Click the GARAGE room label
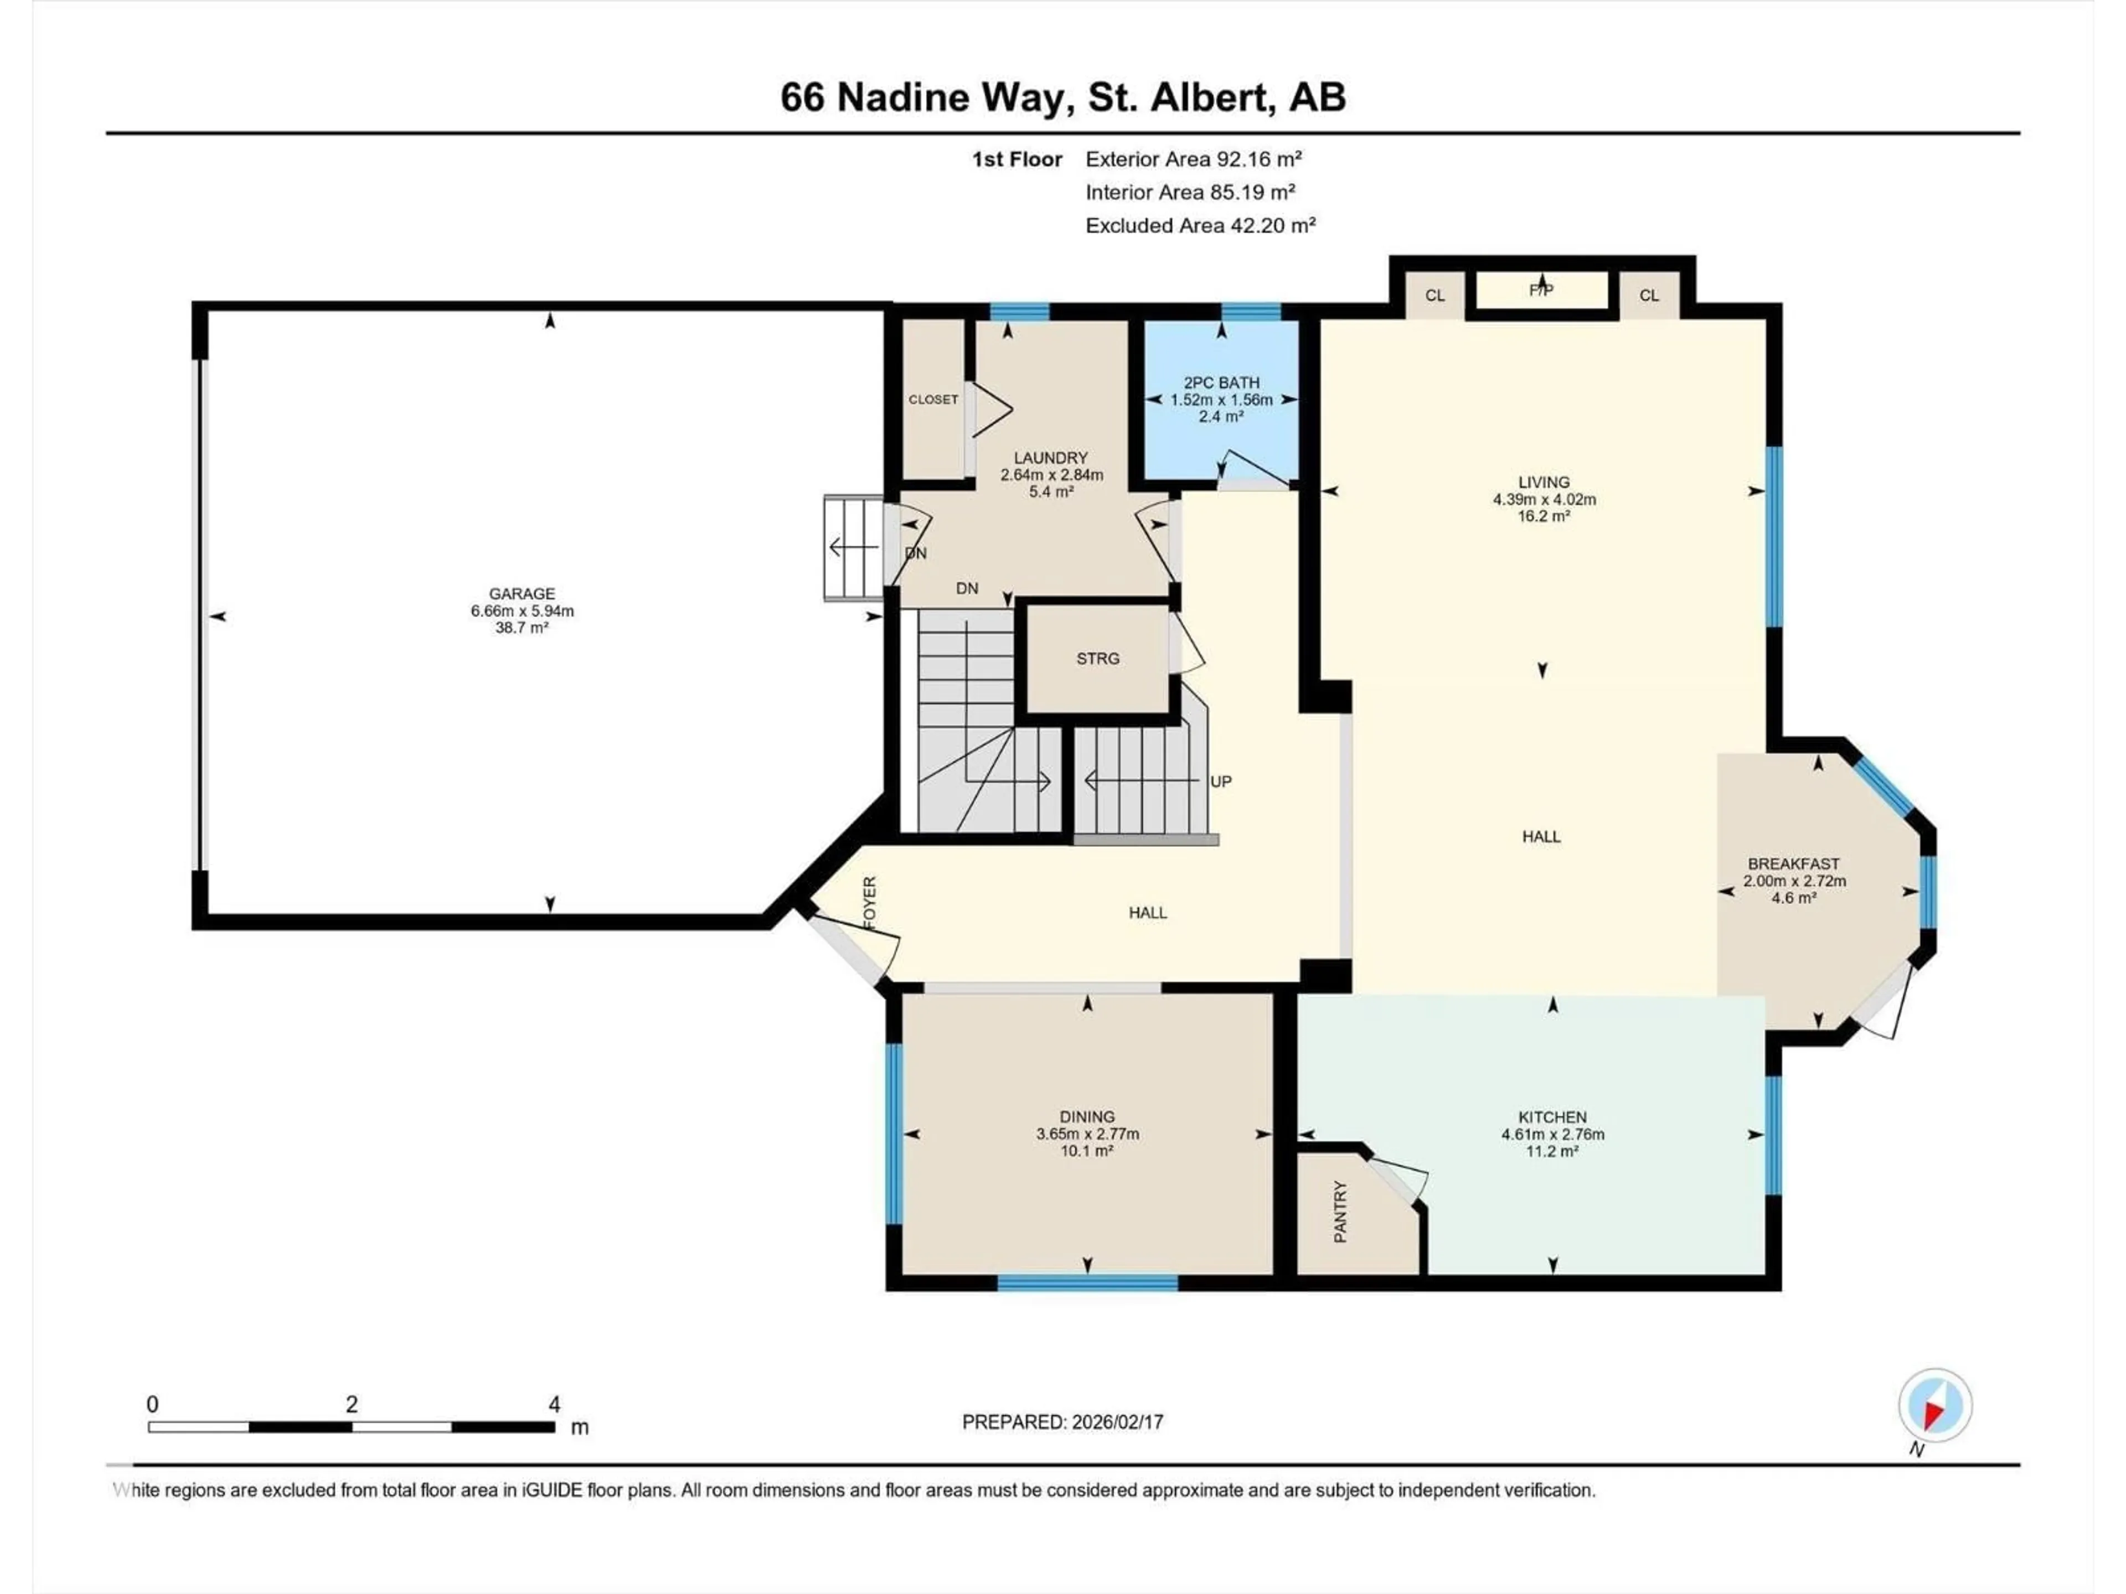tap(522, 594)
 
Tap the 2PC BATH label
tap(1221, 382)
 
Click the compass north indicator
tap(1935, 1406)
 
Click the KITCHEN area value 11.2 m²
tap(1552, 1151)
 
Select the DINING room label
tap(1087, 1116)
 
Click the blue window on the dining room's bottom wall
tap(1087, 1283)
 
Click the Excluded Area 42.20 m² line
tap(1200, 226)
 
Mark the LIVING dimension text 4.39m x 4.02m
tap(1544, 500)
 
